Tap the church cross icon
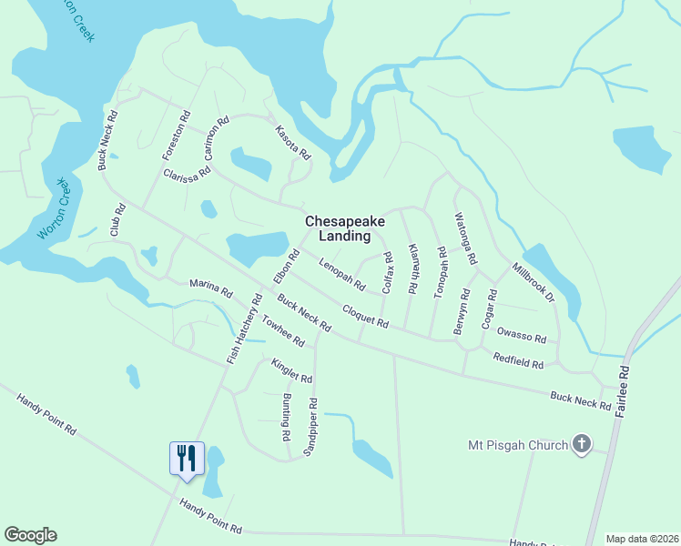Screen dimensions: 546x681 [582, 445]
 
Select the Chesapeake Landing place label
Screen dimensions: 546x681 [338, 228]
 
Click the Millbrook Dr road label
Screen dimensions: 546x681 [533, 284]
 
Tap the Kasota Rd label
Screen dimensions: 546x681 [293, 144]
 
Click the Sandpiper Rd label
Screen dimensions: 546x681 [311, 427]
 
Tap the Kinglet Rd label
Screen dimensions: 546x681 [291, 370]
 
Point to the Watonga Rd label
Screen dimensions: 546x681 [465, 238]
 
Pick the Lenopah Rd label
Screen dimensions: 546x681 [342, 276]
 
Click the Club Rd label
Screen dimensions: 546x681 [117, 219]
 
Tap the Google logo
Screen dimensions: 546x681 [30, 535]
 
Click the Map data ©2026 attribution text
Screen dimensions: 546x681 [641, 539]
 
